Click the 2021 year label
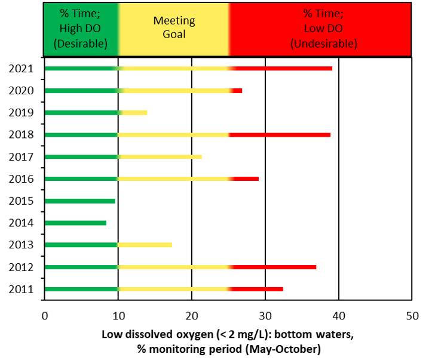click(21, 68)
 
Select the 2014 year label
click(21, 223)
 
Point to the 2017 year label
click(21, 156)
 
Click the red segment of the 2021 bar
click(284, 68)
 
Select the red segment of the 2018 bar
click(281, 134)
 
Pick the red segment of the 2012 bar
click(275, 267)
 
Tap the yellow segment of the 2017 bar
click(161, 156)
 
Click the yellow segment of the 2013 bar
click(146, 245)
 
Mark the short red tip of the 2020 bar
click(237, 91)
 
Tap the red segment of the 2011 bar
click(258, 289)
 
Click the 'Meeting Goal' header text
click(174, 27)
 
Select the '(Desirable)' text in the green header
click(81, 44)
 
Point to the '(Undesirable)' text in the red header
click(323, 44)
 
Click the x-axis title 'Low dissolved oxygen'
click(227, 335)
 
